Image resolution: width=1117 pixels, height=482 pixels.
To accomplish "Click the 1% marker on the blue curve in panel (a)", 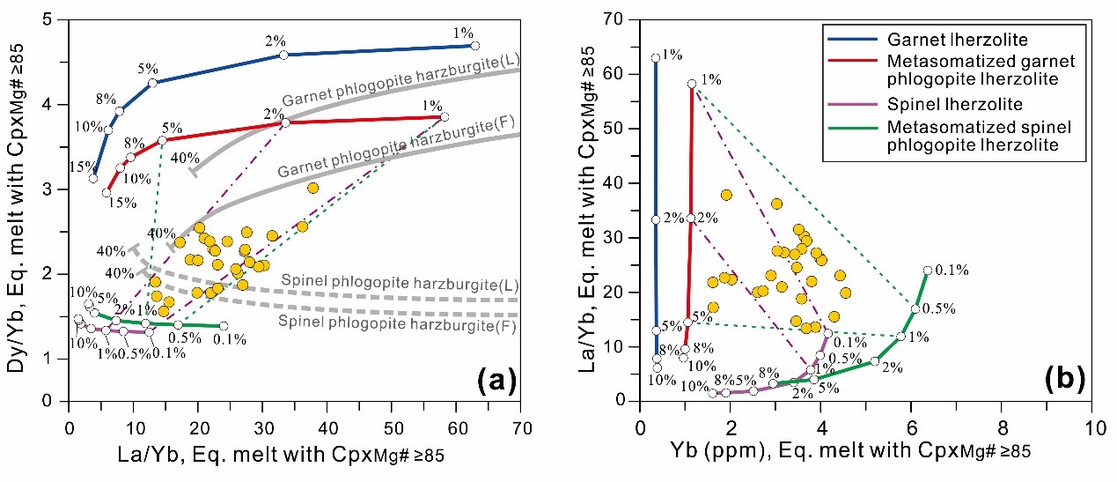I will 474,45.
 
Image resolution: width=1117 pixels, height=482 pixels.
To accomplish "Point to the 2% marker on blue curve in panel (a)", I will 283,55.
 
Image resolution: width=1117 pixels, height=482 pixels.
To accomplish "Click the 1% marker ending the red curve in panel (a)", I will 445,116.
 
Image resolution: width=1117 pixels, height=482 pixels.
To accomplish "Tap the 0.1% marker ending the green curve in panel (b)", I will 927,271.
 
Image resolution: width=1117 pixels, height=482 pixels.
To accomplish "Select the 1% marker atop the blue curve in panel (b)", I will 655,58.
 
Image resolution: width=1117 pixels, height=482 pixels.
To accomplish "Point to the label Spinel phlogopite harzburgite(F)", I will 396,323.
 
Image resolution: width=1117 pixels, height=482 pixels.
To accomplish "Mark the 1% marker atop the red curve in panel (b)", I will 692,84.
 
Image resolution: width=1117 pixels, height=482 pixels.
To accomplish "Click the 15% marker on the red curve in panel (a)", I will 106,192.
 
